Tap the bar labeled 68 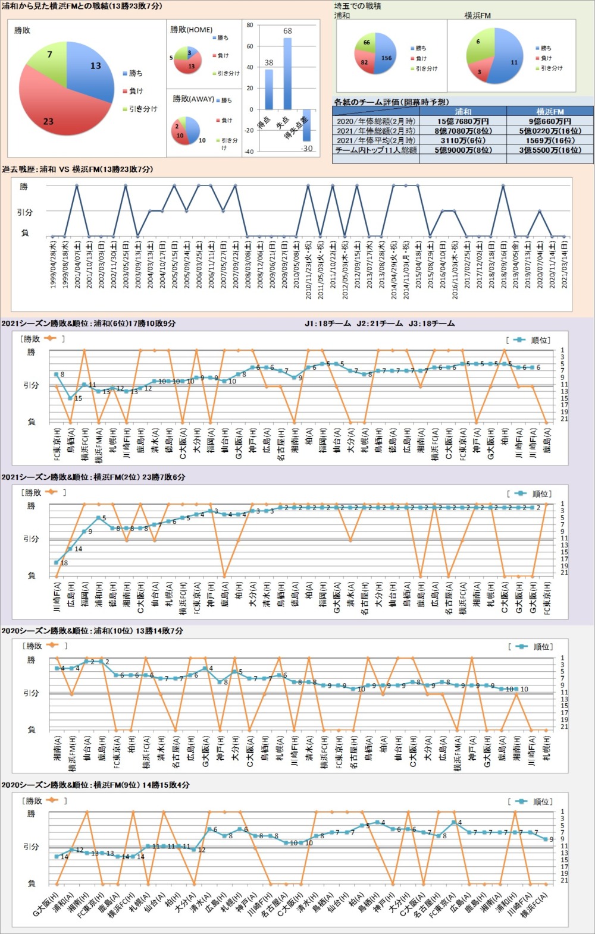click(287, 74)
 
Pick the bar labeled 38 click(269, 89)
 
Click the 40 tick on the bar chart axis click(250, 67)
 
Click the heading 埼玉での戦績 click(358, 6)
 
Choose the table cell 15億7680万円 click(463, 121)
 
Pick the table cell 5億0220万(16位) click(550, 131)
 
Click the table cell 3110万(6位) click(463, 140)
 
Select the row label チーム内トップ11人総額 click(376, 150)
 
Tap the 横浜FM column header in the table click(550, 111)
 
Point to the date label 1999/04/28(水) click(53, 265)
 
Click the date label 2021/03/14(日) click(563, 265)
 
